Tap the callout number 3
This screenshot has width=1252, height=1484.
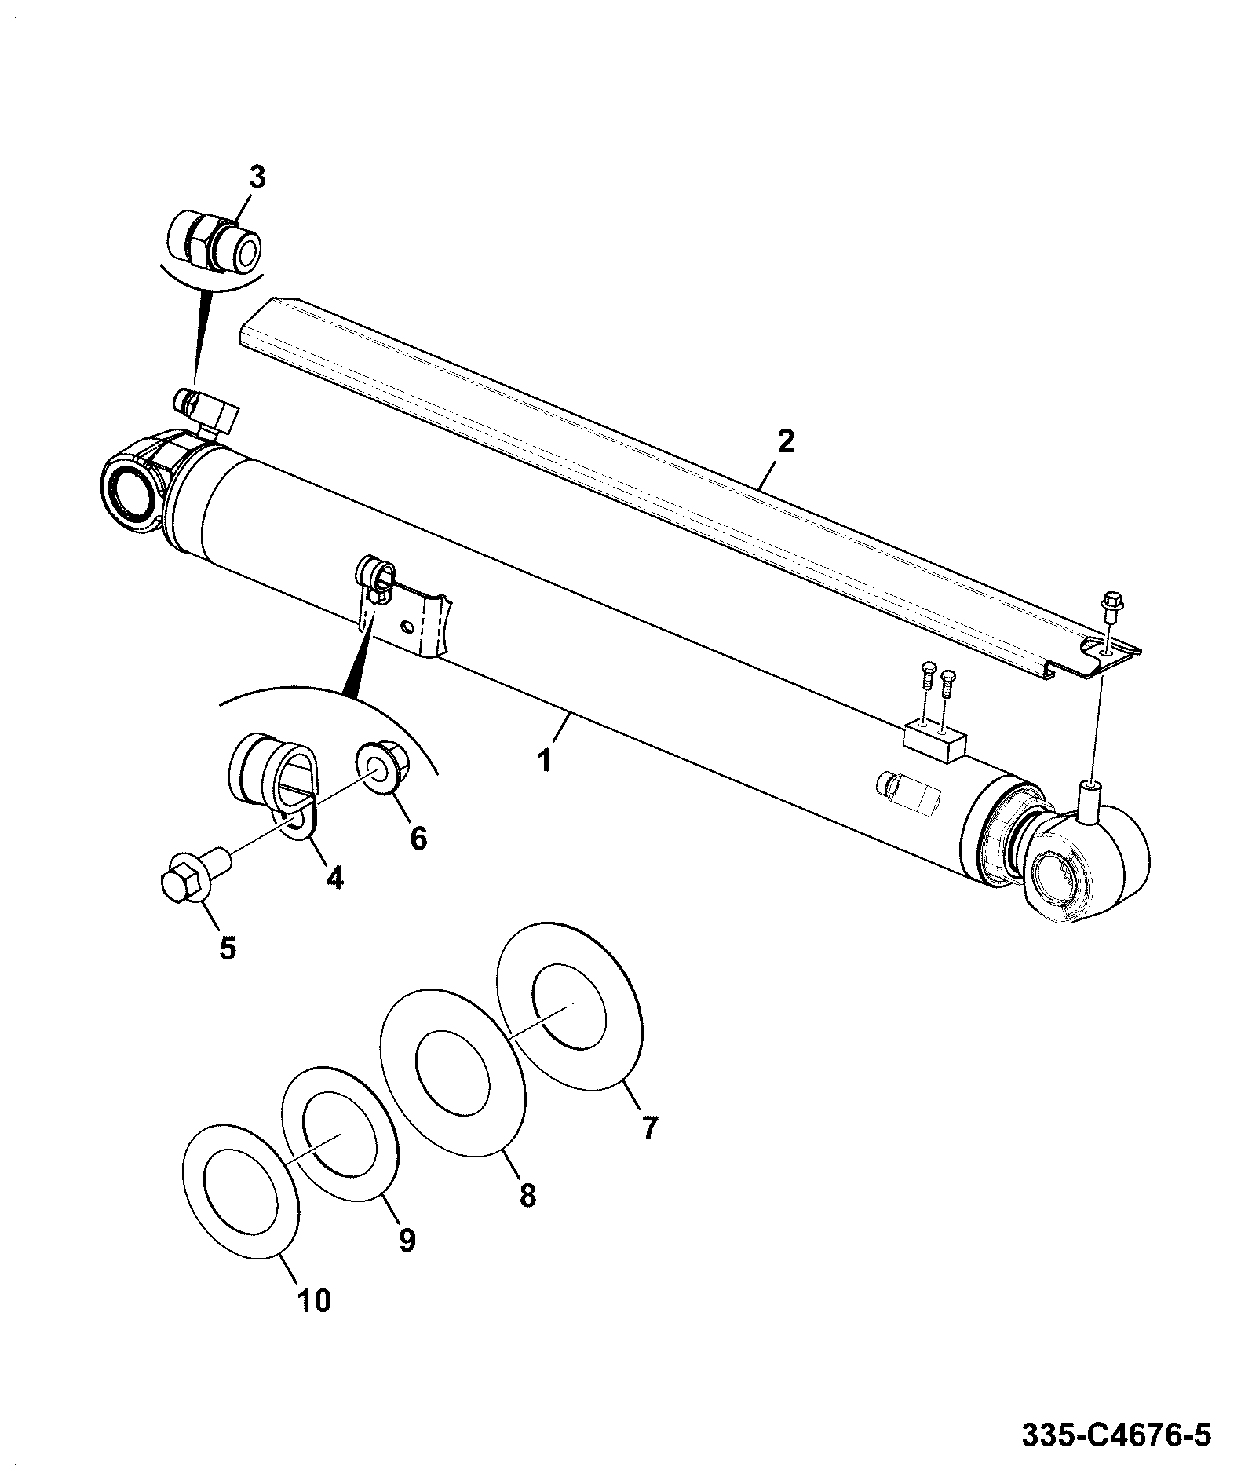pos(257,178)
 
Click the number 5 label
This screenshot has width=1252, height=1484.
pos(227,949)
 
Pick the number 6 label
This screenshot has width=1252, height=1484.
pos(418,839)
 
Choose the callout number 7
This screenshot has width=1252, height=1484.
pos(648,1128)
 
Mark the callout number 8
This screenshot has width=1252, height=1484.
pos(527,1196)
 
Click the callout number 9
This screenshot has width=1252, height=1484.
pos(407,1241)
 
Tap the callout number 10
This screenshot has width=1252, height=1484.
pos(314,1301)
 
